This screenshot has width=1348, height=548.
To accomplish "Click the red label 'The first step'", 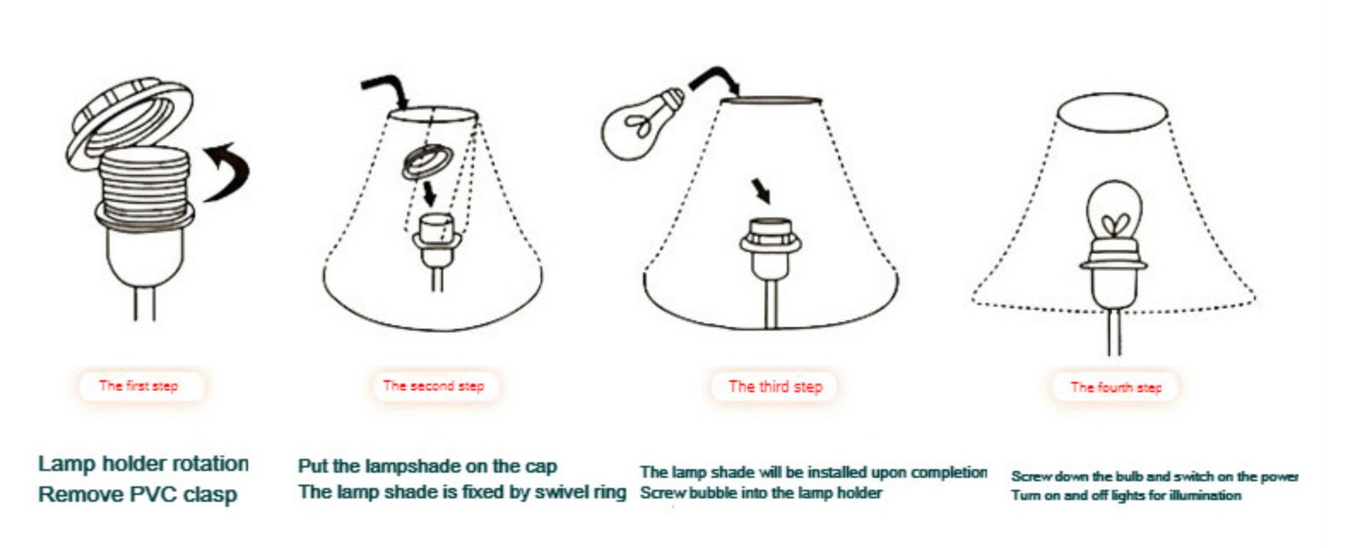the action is coord(139,386).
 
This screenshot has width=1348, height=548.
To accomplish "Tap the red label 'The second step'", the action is coord(434,386).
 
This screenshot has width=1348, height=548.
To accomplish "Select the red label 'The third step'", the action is coord(776,387).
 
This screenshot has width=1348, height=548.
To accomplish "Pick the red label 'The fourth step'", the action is coord(1116,387).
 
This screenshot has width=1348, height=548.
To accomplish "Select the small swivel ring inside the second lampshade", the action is coord(428,161).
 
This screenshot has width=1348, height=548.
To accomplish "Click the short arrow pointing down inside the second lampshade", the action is coord(429,194).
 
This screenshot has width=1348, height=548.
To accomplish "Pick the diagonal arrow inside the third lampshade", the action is coord(761,190).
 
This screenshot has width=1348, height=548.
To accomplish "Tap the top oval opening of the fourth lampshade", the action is coord(1113,113).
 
